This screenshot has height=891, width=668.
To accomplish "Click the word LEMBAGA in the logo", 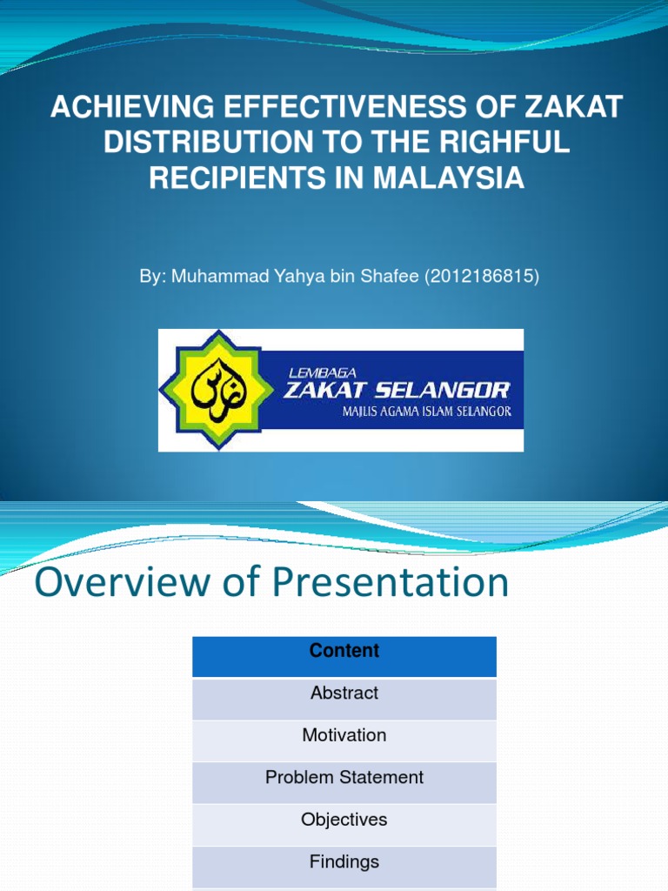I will [x=323, y=372].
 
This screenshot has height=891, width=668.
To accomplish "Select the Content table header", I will [x=344, y=652].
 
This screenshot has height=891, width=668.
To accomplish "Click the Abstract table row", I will [x=344, y=693].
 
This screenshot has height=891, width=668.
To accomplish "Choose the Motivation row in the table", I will [x=344, y=735].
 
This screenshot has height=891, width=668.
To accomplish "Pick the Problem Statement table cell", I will [x=344, y=777].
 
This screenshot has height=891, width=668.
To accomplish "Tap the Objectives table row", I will [x=344, y=820].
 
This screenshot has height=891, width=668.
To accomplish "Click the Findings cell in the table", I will [x=344, y=861].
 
